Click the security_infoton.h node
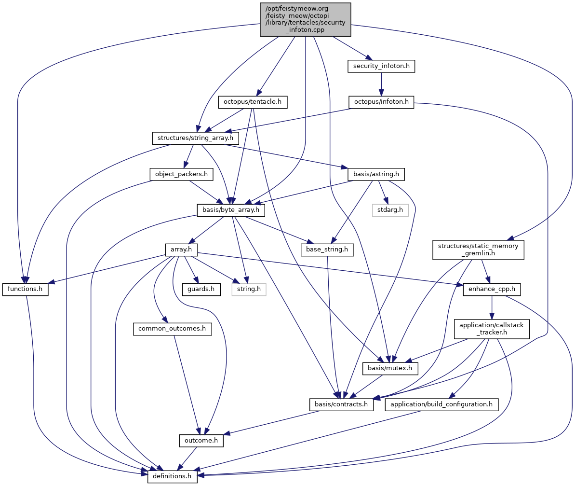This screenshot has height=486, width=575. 381,67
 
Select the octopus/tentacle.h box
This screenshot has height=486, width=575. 253,102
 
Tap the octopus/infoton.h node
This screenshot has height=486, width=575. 381,102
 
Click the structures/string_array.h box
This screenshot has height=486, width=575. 196,138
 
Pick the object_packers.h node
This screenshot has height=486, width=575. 178,174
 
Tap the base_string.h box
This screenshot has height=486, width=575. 327,250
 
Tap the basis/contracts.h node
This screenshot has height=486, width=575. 342,404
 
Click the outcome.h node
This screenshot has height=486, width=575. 201,440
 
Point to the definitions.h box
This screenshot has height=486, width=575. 172,476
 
